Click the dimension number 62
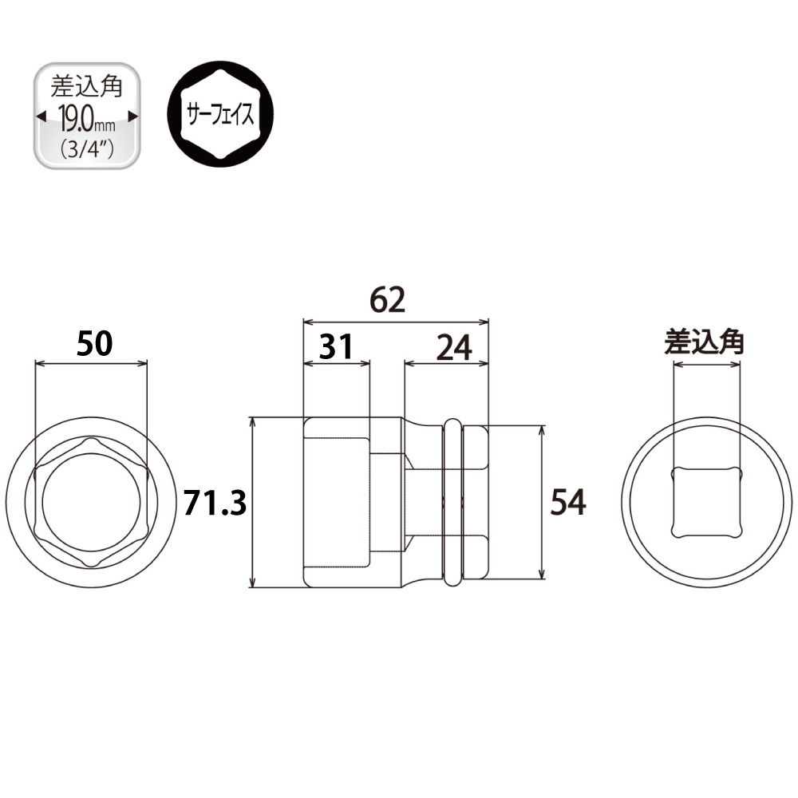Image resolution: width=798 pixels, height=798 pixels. coord(387,300)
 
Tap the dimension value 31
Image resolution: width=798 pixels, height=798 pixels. coord(336,346)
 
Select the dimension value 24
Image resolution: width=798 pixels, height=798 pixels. coord(454,348)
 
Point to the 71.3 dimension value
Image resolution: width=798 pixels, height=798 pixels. coord(215,503)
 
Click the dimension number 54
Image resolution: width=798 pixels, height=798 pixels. coord(568,502)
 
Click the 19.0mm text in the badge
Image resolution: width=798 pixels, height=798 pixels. coord(87,118)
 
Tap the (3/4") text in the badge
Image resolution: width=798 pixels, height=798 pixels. coord(87,148)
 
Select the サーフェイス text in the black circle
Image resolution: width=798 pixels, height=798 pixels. coord(220,114)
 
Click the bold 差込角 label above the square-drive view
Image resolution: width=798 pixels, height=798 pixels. coord(704,342)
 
